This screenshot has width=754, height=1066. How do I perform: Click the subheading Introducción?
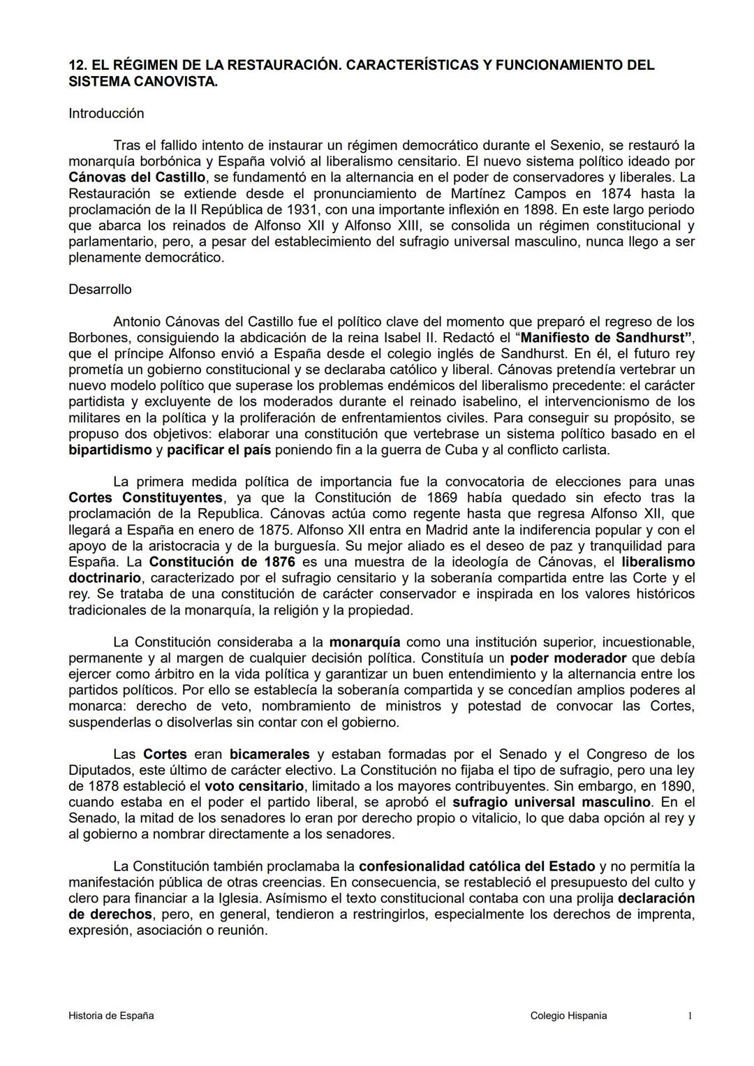[x=106, y=114]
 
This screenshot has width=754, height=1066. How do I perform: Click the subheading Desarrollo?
[x=100, y=290]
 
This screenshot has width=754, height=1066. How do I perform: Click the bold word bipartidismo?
[x=110, y=450]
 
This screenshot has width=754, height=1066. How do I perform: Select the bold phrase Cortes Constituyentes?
[x=146, y=498]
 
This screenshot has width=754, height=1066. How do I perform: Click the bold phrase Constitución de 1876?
[x=222, y=562]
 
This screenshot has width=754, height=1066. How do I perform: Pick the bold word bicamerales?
[x=269, y=755]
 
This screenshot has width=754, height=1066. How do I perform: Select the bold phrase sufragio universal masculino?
[x=552, y=803]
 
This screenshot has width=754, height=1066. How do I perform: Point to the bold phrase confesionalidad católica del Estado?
[x=477, y=867]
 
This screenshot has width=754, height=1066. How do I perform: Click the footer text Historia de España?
[x=111, y=1016]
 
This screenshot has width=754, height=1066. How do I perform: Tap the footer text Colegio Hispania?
[x=568, y=1016]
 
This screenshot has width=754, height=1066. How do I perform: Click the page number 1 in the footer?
[x=690, y=1016]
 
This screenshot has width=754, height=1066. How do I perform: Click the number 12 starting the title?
[x=76, y=66]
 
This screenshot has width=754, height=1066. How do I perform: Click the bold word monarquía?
[x=364, y=642]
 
